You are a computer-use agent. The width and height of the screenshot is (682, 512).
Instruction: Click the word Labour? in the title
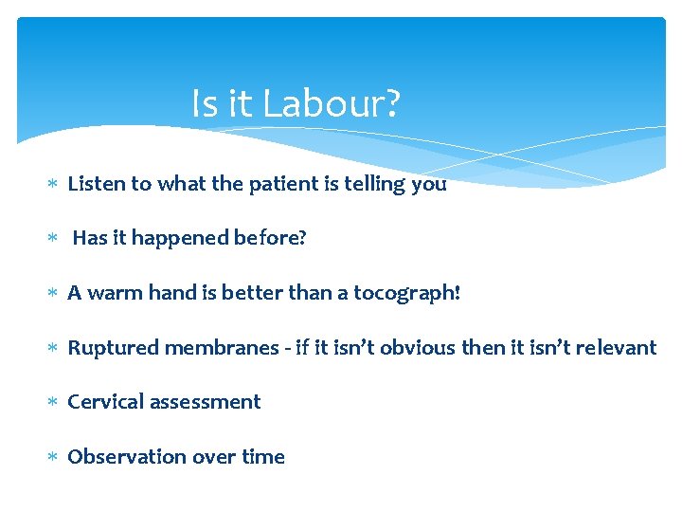point(332,104)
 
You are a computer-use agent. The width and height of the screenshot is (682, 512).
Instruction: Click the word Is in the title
point(204,104)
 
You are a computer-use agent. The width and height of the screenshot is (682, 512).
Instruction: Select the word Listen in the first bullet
point(97,184)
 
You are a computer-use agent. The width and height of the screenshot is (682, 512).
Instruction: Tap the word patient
point(282,184)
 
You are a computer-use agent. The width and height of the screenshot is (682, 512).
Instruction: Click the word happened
point(178,239)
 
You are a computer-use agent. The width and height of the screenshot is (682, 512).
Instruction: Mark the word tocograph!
point(406,294)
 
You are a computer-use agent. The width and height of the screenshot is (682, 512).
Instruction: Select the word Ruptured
point(111,348)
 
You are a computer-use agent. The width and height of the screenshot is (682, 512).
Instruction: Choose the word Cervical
point(104,402)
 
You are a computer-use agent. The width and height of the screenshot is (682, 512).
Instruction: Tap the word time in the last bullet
point(263,457)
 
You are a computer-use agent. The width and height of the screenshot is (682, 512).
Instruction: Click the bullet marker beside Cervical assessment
point(54,403)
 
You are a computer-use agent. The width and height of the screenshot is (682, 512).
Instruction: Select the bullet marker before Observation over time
point(54,457)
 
